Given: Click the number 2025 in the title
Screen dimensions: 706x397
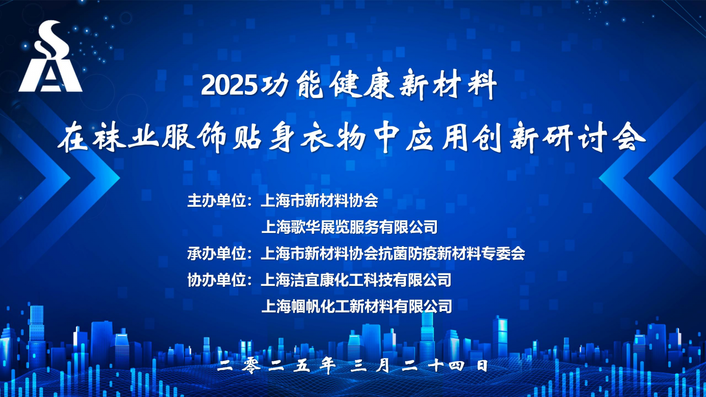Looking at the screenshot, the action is point(229,86).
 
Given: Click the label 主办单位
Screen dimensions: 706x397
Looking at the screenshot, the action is point(217,201).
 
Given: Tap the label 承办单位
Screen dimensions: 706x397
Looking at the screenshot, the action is point(217,254).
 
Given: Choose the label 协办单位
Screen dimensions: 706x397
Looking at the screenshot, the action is point(217,280).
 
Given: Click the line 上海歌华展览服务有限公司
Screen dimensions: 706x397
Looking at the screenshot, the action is point(349,227).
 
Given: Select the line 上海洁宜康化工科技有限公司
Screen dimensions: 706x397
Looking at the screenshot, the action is point(356,280).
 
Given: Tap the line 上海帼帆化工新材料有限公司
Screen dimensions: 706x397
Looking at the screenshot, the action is point(357,306).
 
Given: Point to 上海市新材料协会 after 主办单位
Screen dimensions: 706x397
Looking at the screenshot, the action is point(319,201).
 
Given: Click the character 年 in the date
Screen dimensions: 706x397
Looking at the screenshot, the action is point(328,366).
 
